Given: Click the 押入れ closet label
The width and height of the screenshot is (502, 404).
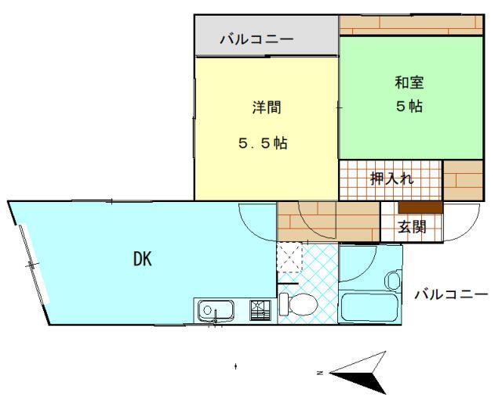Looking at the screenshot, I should (391, 179).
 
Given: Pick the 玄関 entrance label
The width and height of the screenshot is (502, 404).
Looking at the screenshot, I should (411, 228).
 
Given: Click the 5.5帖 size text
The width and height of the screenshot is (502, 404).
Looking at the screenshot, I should (263, 144).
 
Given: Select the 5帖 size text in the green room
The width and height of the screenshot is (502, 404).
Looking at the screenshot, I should (409, 106).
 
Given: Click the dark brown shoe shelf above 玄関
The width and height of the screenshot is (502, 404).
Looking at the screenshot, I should (420, 207).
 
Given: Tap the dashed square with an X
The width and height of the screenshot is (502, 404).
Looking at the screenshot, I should (290, 256).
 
